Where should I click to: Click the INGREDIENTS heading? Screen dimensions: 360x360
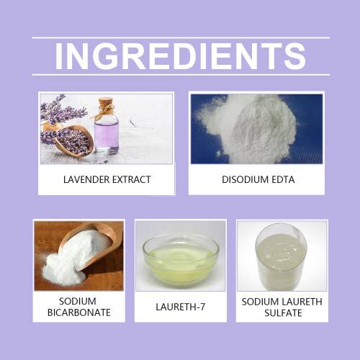(x=180, y=56)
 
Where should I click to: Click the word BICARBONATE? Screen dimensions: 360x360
(x=79, y=312)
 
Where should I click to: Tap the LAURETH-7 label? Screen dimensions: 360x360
(x=181, y=307)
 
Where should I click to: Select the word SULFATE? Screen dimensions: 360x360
(x=283, y=313)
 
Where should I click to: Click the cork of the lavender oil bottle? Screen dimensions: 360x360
(x=105, y=102)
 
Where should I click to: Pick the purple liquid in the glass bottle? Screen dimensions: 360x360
(x=107, y=135)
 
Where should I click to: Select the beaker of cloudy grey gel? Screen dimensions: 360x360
(x=282, y=256)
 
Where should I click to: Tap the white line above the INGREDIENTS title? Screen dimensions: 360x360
(x=181, y=37)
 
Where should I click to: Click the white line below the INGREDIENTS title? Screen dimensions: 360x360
(x=181, y=75)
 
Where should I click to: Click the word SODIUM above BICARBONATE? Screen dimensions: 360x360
(x=78, y=301)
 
